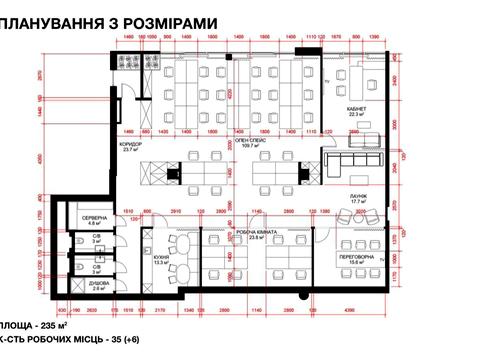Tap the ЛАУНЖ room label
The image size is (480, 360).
[359, 196]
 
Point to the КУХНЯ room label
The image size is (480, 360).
[162, 256]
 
